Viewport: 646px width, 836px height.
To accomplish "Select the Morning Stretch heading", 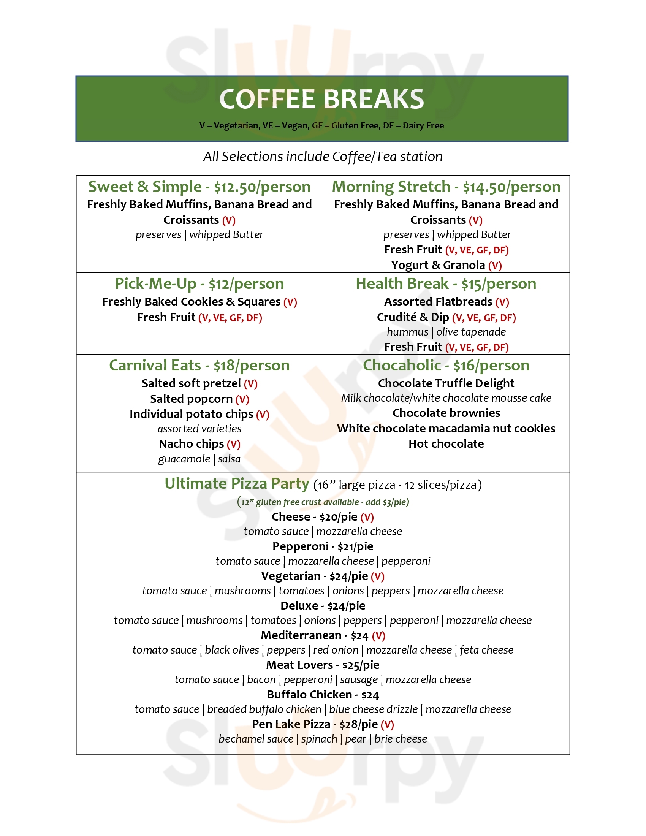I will coord(391,187).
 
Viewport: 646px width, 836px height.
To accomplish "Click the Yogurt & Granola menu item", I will coord(438,265).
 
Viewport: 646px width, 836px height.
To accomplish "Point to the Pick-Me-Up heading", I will coord(155,284).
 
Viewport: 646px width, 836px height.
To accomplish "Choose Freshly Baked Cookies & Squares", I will coord(192,302).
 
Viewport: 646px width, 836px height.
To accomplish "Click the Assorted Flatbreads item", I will coord(438,302).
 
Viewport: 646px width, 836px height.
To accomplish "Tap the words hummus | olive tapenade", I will coord(446,332).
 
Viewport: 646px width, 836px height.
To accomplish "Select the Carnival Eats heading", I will coord(155,366).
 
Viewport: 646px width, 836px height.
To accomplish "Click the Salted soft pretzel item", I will coord(191,383).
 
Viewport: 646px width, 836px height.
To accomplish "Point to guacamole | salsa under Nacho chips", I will coord(199,459).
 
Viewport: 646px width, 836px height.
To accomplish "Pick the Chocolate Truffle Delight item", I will coord(446,383).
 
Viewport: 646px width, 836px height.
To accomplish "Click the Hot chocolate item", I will coord(446,444).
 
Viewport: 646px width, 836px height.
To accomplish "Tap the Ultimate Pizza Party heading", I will coord(236,484).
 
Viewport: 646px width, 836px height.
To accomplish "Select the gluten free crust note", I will coord(323,502).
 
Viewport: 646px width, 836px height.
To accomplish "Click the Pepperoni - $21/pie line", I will coord(323,546).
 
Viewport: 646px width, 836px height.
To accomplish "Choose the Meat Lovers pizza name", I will coord(299,665).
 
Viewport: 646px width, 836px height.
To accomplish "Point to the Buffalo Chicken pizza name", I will coord(309,695).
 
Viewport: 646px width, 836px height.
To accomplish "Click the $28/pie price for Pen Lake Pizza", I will coord(359,725).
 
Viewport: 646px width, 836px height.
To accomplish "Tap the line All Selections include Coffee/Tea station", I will coord(323,157).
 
